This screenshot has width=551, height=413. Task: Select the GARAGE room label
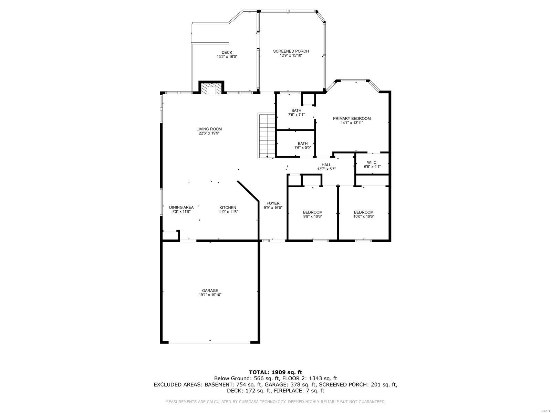pyautogui.click(x=210, y=290)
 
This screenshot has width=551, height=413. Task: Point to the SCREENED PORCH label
pyautogui.click(x=291, y=51)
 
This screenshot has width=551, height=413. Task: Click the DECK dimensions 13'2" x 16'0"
pyautogui.click(x=227, y=57)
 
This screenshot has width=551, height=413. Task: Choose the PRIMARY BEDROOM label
pyautogui.click(x=352, y=118)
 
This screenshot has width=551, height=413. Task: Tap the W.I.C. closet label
pyautogui.click(x=372, y=162)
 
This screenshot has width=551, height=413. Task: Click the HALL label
pyautogui.click(x=326, y=165)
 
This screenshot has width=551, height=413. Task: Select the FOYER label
pyautogui.click(x=273, y=203)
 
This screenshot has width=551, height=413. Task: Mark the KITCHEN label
pyautogui.click(x=228, y=208)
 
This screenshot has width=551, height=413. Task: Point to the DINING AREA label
pyautogui.click(x=181, y=207)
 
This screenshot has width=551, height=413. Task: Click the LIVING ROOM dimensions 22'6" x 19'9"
pyautogui.click(x=209, y=133)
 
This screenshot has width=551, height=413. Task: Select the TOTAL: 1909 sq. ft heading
pyautogui.click(x=275, y=372)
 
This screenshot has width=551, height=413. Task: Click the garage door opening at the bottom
pyautogui.click(x=209, y=342)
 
